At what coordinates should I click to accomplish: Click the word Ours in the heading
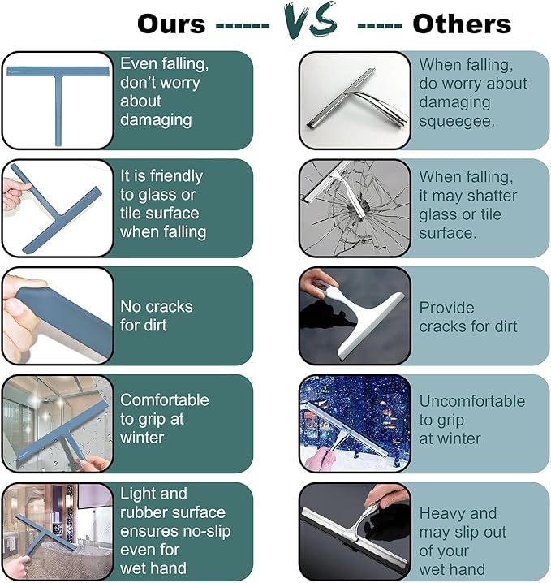171,24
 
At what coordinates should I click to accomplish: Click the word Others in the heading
462,24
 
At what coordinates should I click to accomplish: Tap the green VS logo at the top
311,19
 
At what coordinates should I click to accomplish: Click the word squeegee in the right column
457,121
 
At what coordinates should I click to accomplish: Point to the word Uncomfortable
472,401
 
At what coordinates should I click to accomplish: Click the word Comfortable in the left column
164,400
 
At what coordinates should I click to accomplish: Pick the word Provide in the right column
446,308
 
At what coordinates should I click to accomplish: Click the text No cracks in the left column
157,307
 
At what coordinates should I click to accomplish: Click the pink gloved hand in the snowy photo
321,459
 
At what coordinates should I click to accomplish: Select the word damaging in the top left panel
156,120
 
